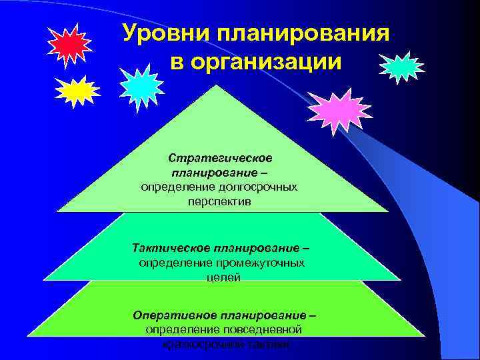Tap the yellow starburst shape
[x=77, y=91]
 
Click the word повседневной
[x=262, y=329]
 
